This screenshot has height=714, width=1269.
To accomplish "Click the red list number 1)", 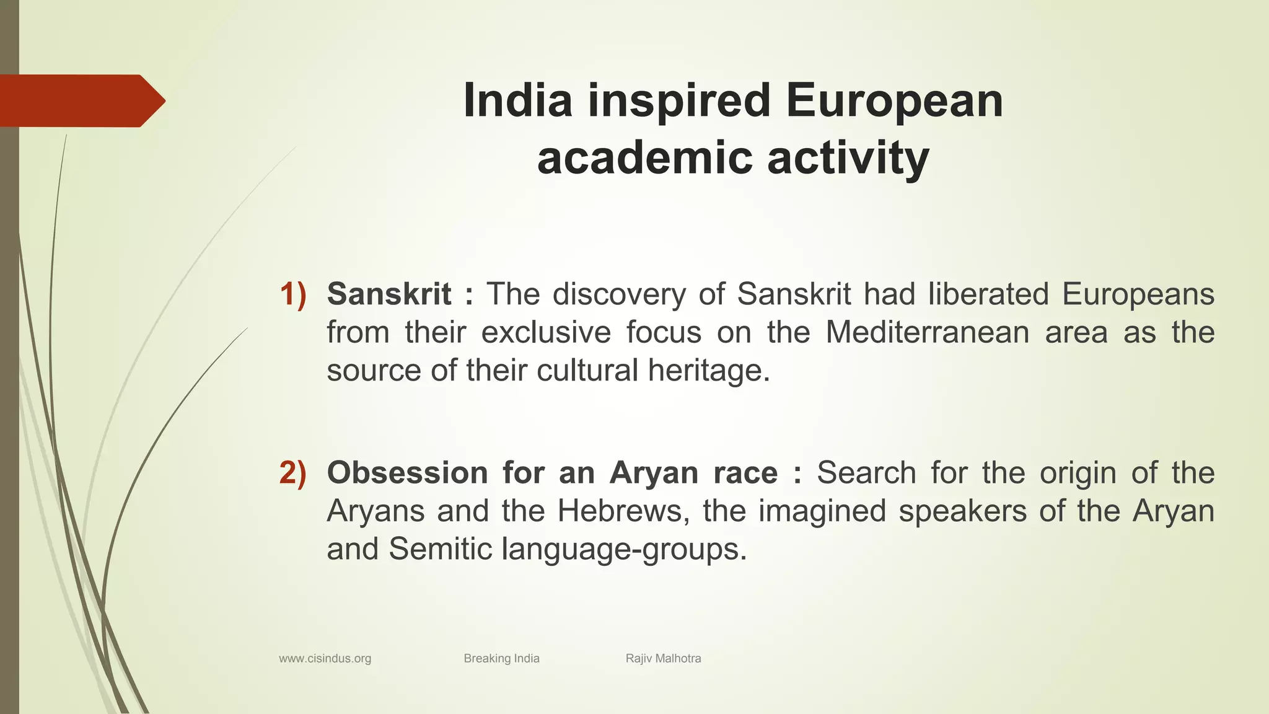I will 292,294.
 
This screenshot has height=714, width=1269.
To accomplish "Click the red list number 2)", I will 292,473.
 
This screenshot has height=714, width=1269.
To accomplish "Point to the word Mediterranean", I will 927,332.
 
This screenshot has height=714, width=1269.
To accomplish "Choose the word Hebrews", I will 623,511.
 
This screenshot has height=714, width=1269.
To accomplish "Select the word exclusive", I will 546,332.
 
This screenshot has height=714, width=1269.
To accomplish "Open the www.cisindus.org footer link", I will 325,658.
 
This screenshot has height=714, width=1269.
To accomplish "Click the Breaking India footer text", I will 501,658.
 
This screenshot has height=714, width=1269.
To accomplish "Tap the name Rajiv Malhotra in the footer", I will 663,658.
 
